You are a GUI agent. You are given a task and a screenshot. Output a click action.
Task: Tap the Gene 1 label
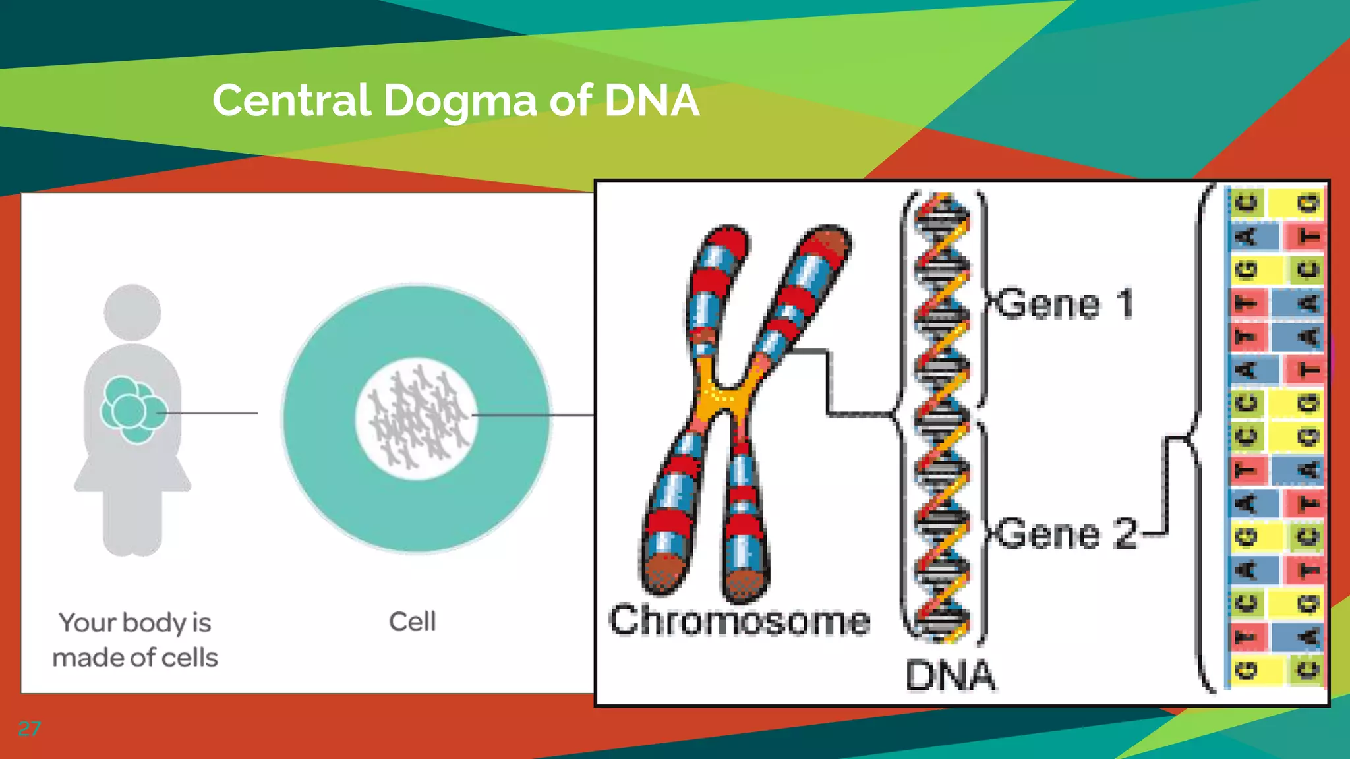(x=1064, y=304)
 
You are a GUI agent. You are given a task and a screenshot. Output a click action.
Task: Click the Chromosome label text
(x=739, y=621)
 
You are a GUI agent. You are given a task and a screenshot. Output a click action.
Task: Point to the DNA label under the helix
(x=950, y=675)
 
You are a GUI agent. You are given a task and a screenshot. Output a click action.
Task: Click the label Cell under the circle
(x=412, y=621)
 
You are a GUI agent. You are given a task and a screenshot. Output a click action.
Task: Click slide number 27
(x=29, y=729)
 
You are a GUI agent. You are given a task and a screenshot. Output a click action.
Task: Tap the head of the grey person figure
(x=132, y=312)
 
